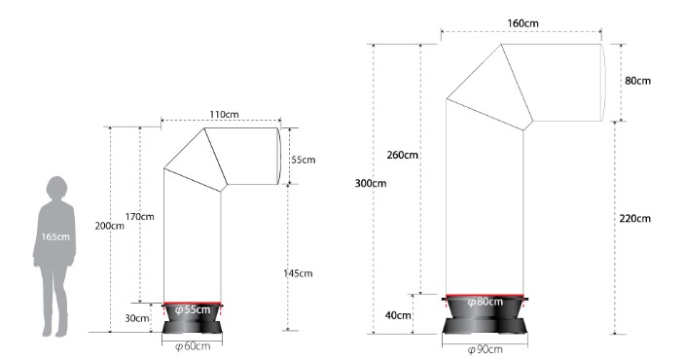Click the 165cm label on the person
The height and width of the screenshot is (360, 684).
55,237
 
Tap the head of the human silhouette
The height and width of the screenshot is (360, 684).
57,188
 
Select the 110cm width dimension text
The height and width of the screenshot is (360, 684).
224,115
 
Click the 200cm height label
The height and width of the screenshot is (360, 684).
110,226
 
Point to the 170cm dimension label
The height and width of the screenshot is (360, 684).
139,216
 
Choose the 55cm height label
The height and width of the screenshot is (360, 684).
304,160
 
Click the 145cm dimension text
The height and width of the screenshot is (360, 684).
298,273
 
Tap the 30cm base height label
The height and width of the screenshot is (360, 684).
137,318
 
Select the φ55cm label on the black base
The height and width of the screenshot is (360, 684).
193,309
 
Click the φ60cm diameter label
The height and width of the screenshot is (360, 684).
193,346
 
